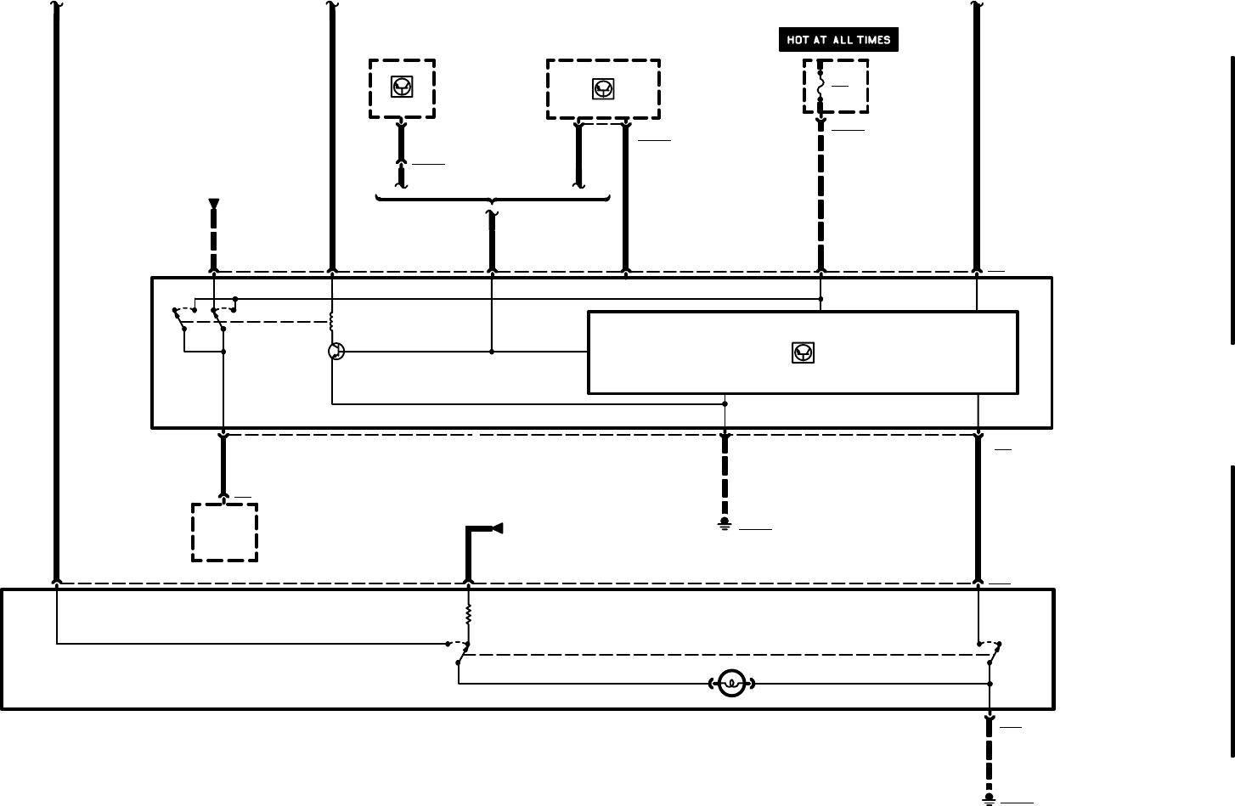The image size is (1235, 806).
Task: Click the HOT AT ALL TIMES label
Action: (x=838, y=40)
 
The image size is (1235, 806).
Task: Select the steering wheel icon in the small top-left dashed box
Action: (x=402, y=87)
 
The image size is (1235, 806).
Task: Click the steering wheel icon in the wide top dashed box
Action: (x=603, y=89)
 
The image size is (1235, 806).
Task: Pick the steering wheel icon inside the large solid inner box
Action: (x=803, y=352)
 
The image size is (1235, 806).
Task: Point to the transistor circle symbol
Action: (x=336, y=351)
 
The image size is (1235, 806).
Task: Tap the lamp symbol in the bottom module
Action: (x=731, y=684)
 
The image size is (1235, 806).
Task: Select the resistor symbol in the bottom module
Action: (x=468, y=613)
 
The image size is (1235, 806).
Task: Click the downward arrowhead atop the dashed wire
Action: (x=214, y=204)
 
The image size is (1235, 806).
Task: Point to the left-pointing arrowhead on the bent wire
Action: (x=498, y=528)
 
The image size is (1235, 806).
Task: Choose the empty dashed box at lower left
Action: (x=224, y=533)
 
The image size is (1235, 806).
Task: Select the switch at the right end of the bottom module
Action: (x=990, y=652)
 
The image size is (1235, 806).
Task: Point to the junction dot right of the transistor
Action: (x=492, y=351)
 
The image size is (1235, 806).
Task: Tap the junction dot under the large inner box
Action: (x=725, y=404)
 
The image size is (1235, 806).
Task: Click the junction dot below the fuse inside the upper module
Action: (x=821, y=299)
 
